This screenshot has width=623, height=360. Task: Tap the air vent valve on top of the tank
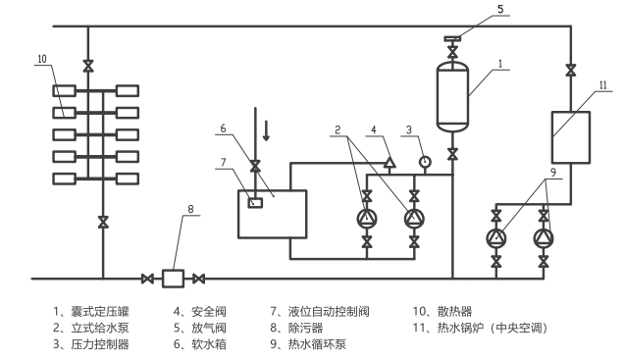[x=451, y=40]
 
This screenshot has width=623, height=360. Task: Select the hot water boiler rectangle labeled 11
[x=570, y=136]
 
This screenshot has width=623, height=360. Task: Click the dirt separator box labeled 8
[x=173, y=279]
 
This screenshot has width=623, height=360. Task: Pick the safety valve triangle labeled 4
[x=389, y=162]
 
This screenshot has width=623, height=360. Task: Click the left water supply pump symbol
[x=367, y=218]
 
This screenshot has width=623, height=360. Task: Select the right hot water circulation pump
[x=543, y=238]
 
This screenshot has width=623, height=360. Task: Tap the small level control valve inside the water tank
[x=255, y=203]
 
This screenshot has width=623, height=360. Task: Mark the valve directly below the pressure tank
[x=451, y=154]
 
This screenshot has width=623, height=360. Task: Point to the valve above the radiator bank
[x=88, y=66]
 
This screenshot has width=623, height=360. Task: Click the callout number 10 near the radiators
[x=41, y=59]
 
